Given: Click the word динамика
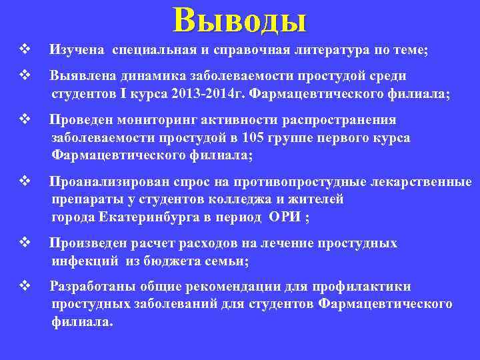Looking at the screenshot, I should point(139,76).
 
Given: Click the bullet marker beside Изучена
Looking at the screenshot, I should point(25,49).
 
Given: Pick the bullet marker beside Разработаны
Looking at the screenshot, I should point(25,286).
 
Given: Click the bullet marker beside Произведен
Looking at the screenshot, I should point(25,243).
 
